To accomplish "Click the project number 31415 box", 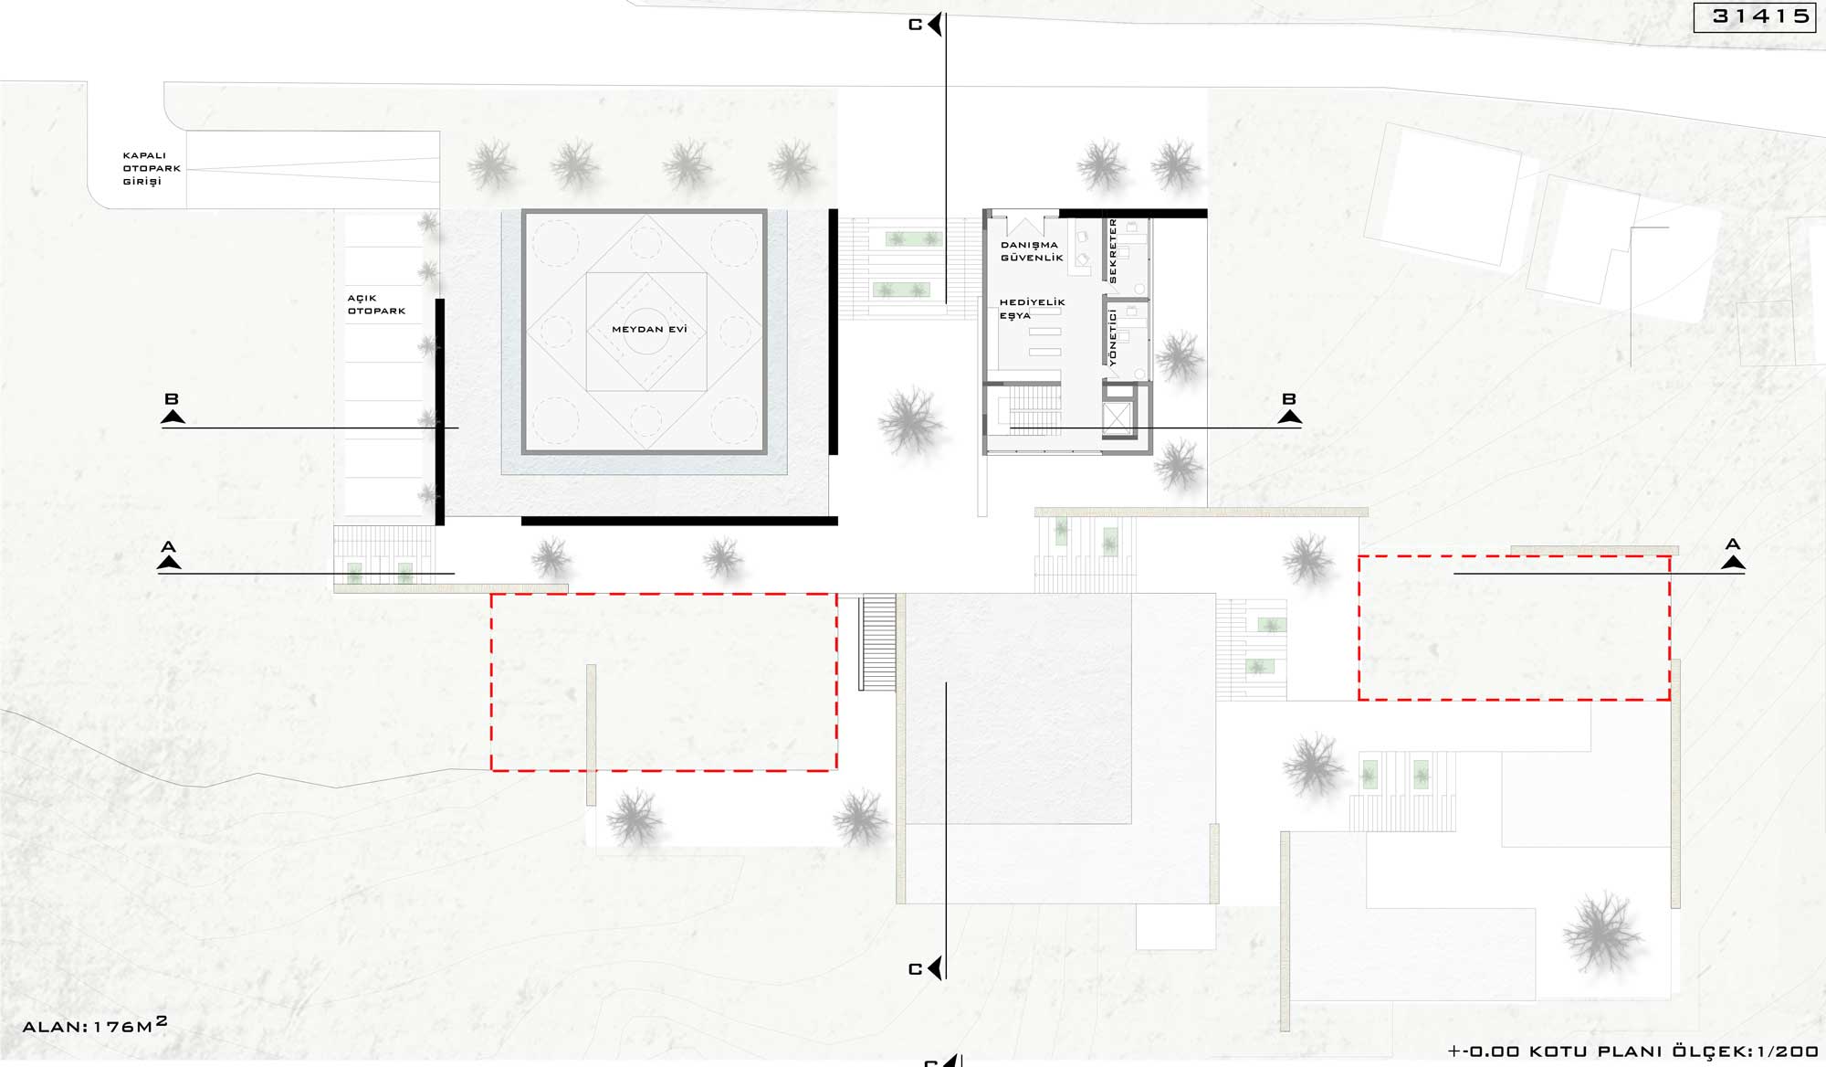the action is point(1755,16).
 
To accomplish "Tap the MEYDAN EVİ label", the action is point(649,329).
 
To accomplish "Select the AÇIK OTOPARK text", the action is point(376,304).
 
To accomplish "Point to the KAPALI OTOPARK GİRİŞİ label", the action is point(152,168).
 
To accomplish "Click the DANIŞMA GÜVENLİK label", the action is point(1032,251).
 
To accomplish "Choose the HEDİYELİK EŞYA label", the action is point(1032,309).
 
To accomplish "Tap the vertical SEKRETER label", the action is point(1112,250).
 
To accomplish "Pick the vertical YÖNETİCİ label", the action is point(1112,337).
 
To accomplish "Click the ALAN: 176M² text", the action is point(95,1025).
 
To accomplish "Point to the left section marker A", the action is point(169,555).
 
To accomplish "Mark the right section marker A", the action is point(1733,555).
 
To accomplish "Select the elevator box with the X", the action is point(1118,419).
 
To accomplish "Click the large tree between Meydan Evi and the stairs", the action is point(910,421).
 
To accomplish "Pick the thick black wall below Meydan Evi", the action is point(679,521).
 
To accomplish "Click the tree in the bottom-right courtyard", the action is point(1602,932).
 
